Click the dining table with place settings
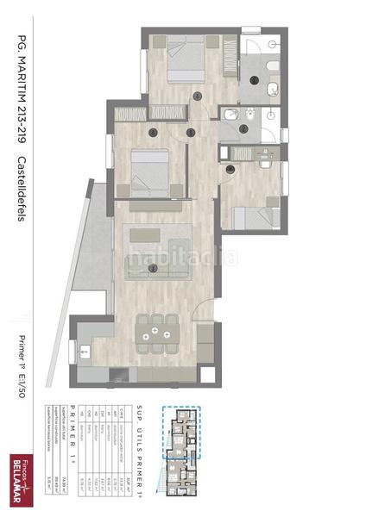[155, 331]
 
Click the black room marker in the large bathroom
[256, 80]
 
